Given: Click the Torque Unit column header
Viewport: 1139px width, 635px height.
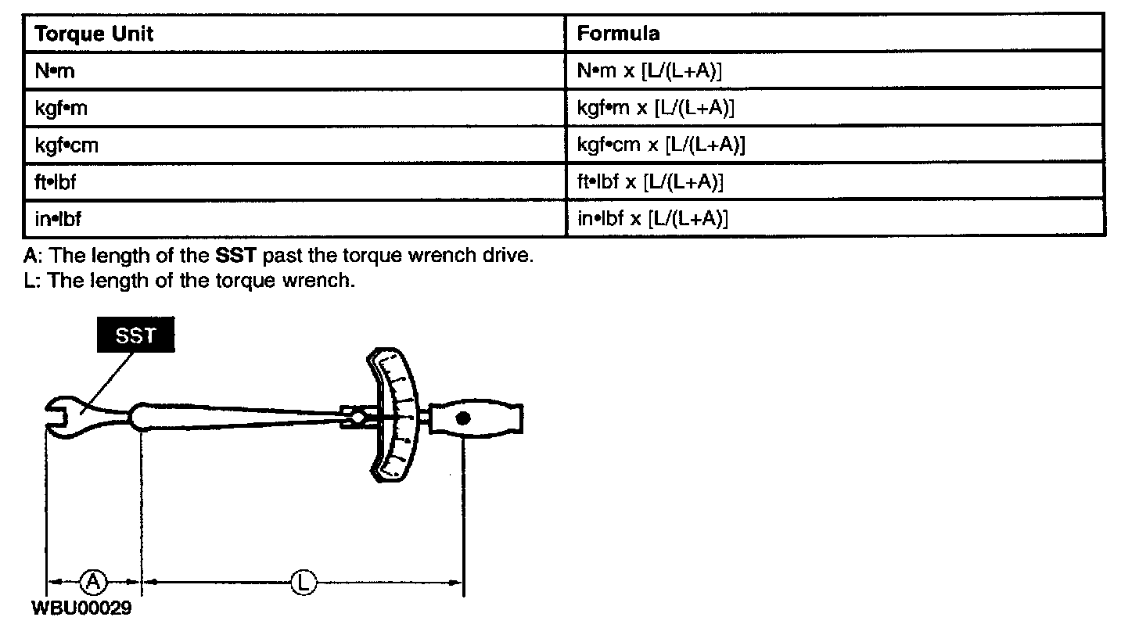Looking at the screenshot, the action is click(94, 34).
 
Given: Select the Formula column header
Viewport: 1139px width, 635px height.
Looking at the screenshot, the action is click(618, 34).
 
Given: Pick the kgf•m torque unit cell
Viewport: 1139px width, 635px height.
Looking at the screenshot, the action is click(61, 109).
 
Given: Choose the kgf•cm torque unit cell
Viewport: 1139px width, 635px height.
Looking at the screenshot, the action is click(66, 145).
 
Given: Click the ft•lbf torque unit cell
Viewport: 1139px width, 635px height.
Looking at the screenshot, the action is click(55, 182).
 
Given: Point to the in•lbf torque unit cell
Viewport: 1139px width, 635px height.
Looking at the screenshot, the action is click(58, 219).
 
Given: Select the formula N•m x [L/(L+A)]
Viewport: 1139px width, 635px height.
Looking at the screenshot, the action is click(649, 72).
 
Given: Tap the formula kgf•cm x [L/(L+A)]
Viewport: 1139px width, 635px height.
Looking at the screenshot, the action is click(661, 145).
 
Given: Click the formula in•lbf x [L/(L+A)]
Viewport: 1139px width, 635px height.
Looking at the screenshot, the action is click(652, 219).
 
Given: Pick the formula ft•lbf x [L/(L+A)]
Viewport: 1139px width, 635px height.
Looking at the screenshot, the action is click(650, 182).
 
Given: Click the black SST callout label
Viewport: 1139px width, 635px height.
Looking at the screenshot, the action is click(135, 336).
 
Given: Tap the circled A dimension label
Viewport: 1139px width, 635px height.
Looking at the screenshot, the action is click(93, 581).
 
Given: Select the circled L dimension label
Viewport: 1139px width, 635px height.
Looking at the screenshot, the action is click(303, 582).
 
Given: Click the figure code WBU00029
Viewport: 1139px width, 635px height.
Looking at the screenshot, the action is click(81, 608).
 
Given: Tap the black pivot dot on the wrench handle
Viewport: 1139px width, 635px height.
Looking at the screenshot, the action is click(464, 419).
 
